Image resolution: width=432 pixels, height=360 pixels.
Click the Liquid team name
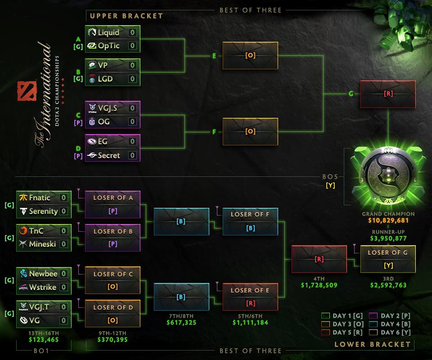(108, 32)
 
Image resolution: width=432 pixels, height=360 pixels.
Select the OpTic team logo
(92, 46)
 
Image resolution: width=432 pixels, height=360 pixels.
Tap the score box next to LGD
(132, 79)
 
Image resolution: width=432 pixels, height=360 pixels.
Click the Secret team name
(109, 155)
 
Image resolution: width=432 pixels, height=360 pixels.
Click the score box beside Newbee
(63, 274)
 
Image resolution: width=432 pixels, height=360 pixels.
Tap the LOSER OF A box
(112, 204)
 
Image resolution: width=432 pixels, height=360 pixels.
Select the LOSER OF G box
(387, 259)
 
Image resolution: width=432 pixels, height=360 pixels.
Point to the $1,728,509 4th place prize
(319, 285)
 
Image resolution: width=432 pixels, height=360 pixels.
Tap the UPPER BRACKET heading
(126, 16)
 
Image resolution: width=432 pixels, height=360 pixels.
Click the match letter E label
(215, 56)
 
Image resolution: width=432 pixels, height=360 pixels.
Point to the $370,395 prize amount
(112, 339)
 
